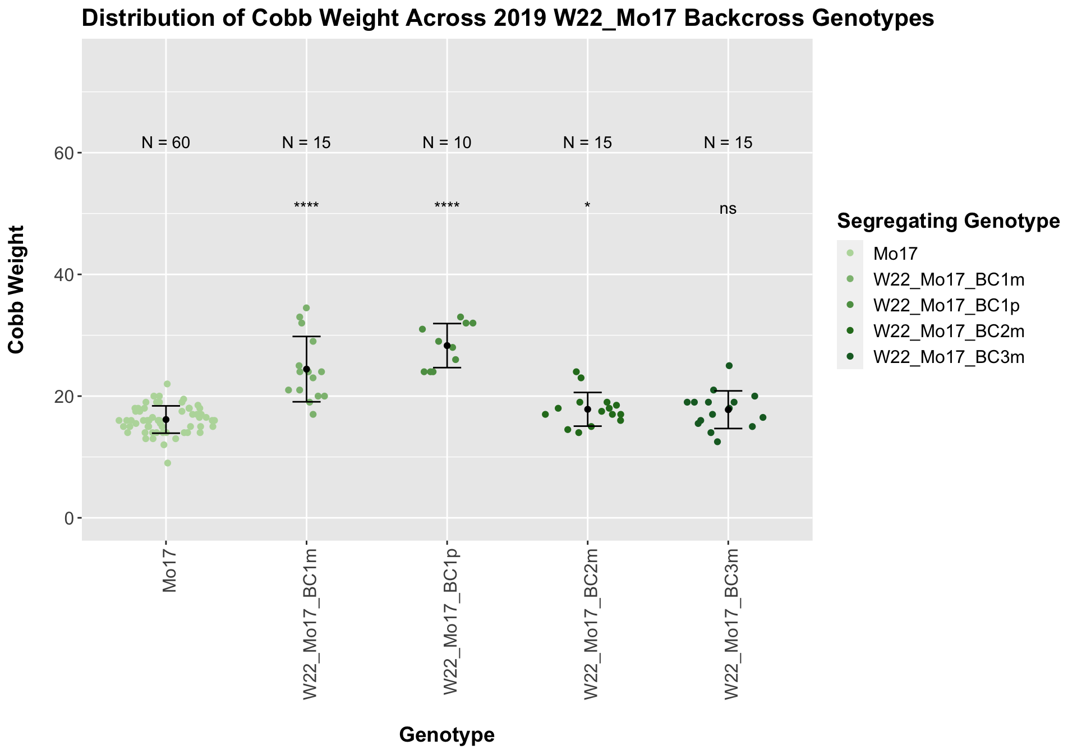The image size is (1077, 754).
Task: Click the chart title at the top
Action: click(508, 19)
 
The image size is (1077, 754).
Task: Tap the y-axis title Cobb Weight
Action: click(17, 289)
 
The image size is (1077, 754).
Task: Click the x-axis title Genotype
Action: click(447, 734)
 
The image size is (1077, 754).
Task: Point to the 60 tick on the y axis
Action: click(66, 153)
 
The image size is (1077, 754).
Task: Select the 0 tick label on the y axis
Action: click(70, 518)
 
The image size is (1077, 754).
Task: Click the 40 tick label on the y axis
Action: click(66, 274)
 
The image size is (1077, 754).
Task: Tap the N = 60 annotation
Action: click(166, 143)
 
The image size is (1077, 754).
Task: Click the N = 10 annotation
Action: click(447, 143)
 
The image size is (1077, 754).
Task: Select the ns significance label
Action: click(728, 209)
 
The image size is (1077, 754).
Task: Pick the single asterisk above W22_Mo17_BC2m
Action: click(587, 206)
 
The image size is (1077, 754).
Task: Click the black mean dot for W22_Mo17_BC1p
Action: click(447, 346)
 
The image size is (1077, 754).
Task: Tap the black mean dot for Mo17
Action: click(166, 420)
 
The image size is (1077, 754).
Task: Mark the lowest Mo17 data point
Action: click(168, 463)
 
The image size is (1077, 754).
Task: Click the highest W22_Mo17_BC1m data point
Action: click(306, 308)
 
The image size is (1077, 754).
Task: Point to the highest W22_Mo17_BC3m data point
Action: click(729, 366)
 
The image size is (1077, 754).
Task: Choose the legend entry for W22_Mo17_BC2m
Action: click(949, 332)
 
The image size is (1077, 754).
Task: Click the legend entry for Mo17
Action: click(896, 254)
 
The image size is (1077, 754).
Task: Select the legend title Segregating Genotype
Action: click(948, 221)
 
